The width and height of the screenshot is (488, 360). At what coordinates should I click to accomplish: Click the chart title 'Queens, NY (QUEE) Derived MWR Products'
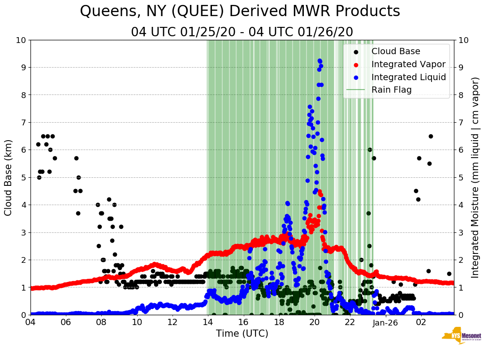240,11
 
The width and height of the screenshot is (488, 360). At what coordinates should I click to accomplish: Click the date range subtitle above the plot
242,32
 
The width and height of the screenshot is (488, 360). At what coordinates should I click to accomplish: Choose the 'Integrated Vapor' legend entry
408,64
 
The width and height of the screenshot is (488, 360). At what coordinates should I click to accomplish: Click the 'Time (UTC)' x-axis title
242,334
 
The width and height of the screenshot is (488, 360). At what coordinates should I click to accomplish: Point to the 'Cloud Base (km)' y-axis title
9,177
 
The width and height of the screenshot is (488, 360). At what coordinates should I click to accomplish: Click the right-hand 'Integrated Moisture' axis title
475,177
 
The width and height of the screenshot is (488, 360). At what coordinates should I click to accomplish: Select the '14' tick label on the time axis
208,322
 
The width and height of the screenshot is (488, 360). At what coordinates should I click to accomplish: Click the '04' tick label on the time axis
30,322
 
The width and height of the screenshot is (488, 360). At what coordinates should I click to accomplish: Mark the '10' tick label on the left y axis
21,40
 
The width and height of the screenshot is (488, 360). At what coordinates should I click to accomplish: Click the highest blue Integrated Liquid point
320,60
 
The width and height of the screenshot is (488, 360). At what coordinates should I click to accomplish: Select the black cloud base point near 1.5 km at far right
449,274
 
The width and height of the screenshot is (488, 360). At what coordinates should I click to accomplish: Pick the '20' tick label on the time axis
315,322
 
